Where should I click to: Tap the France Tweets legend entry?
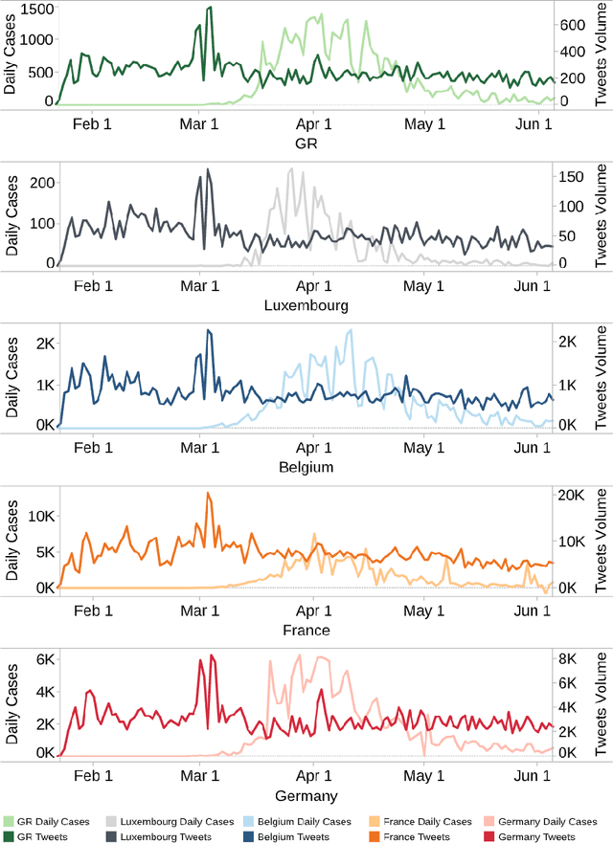[417, 837]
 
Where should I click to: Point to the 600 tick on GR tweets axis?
[573, 24]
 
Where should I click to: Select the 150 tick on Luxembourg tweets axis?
[573, 176]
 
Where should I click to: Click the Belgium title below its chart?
[306, 468]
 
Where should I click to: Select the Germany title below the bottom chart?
[306, 795]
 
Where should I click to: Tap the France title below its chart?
[306, 631]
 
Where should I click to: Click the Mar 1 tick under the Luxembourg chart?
[201, 286]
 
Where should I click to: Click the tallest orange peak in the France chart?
[208, 494]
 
